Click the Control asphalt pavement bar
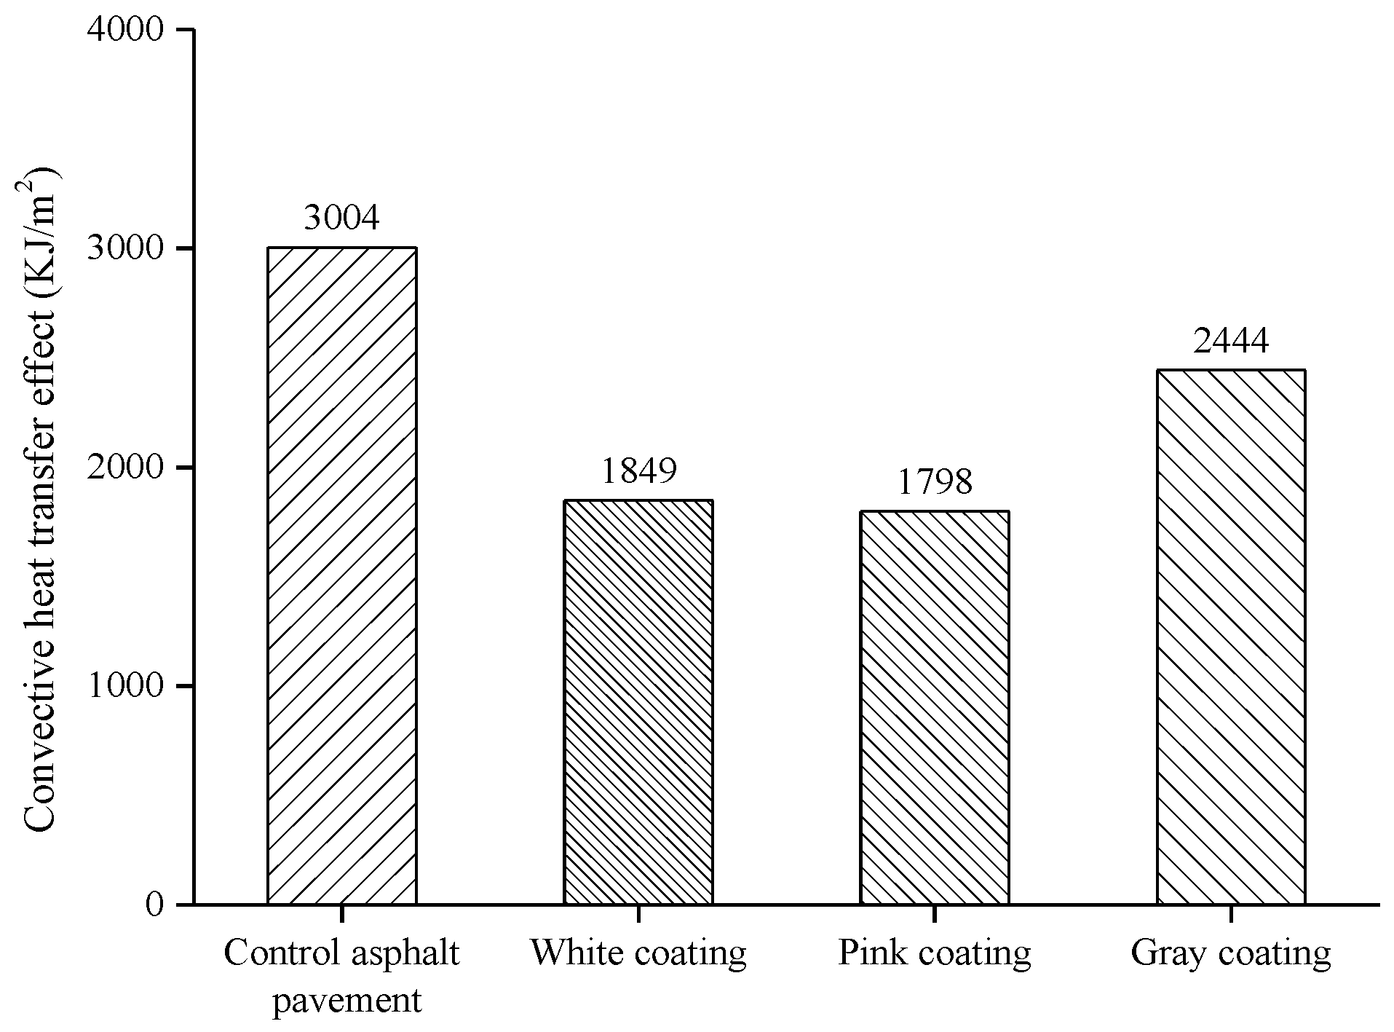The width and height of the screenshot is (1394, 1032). pyautogui.click(x=341, y=575)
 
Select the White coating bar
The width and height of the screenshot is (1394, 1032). pyautogui.click(x=638, y=702)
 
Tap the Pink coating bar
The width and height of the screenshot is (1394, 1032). pyautogui.click(x=934, y=707)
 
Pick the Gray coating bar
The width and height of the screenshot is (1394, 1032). pyautogui.click(x=1230, y=637)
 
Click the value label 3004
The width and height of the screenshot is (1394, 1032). pyautogui.click(x=341, y=218)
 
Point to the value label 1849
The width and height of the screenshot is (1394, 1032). pyautogui.click(x=638, y=471)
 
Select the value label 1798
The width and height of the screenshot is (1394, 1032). pyautogui.click(x=934, y=482)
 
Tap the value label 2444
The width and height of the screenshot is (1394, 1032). pyautogui.click(x=1230, y=340)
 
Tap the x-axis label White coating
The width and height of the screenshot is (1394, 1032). pyautogui.click(x=638, y=953)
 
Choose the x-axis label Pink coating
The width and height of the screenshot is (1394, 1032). pyautogui.click(x=934, y=953)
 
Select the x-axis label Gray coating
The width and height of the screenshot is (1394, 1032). pyautogui.click(x=1230, y=953)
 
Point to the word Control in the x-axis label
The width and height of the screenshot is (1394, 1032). pyautogui.click(x=270, y=953)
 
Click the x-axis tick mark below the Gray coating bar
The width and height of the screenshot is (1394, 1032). pyautogui.click(x=1230, y=914)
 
